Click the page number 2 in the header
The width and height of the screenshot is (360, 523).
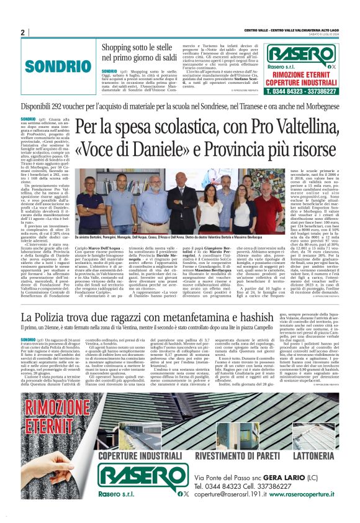22,32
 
